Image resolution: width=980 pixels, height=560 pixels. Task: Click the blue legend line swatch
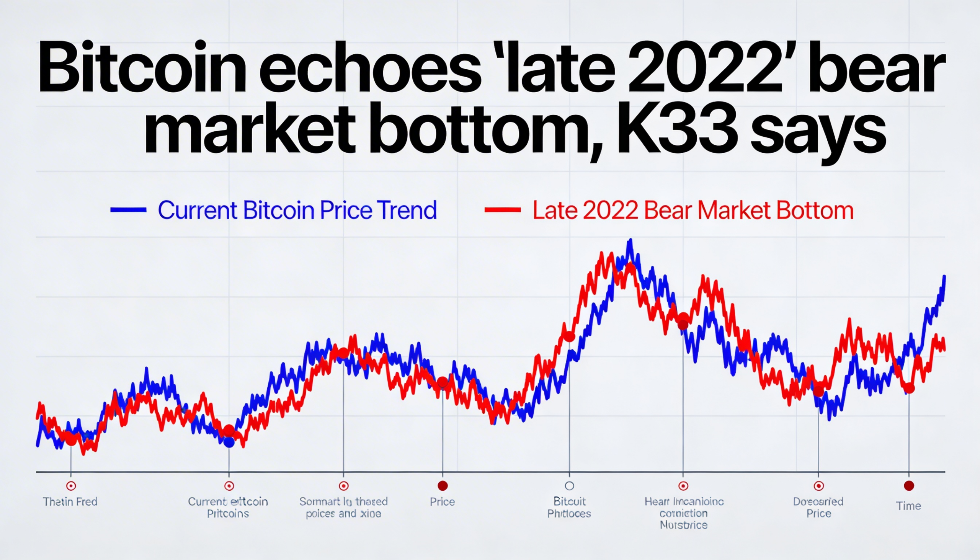[x=128, y=210]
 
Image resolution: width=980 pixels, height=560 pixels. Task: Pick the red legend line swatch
[x=502, y=210]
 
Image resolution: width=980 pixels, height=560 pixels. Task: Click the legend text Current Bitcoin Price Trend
[x=297, y=210]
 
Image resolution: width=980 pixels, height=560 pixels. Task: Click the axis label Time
[x=908, y=506]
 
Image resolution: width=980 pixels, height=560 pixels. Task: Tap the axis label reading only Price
[x=442, y=501]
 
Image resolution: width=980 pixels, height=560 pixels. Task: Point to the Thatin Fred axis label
[x=70, y=501]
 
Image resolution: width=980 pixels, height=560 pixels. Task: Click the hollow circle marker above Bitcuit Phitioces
[x=569, y=486]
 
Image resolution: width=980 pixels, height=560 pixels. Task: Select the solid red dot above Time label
[x=908, y=486]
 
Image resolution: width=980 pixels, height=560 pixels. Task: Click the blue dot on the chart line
[x=229, y=442]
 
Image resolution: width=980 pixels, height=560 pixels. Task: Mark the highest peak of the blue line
[x=630, y=240]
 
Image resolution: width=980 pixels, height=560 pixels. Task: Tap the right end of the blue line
[x=944, y=277]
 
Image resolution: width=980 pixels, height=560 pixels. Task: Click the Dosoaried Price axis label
[x=818, y=507]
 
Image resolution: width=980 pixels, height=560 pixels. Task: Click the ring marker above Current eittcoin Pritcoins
[x=229, y=486]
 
